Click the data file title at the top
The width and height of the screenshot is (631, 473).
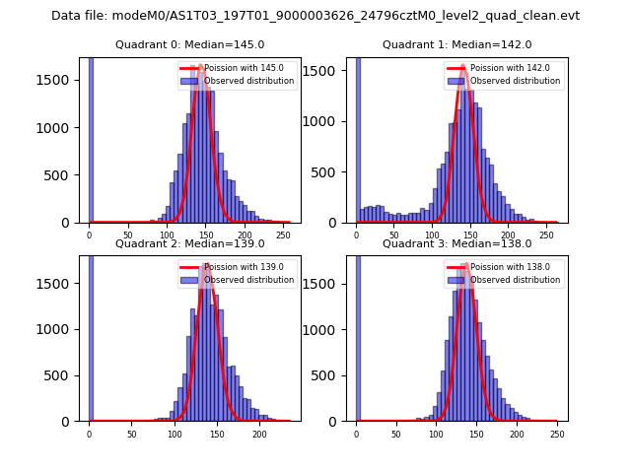315,16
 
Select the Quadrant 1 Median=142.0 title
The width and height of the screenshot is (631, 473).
456,44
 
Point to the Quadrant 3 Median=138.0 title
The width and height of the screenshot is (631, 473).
456,243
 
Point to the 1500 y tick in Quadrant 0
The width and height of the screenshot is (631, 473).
61,80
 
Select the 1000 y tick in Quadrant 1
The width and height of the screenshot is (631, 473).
331,122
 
